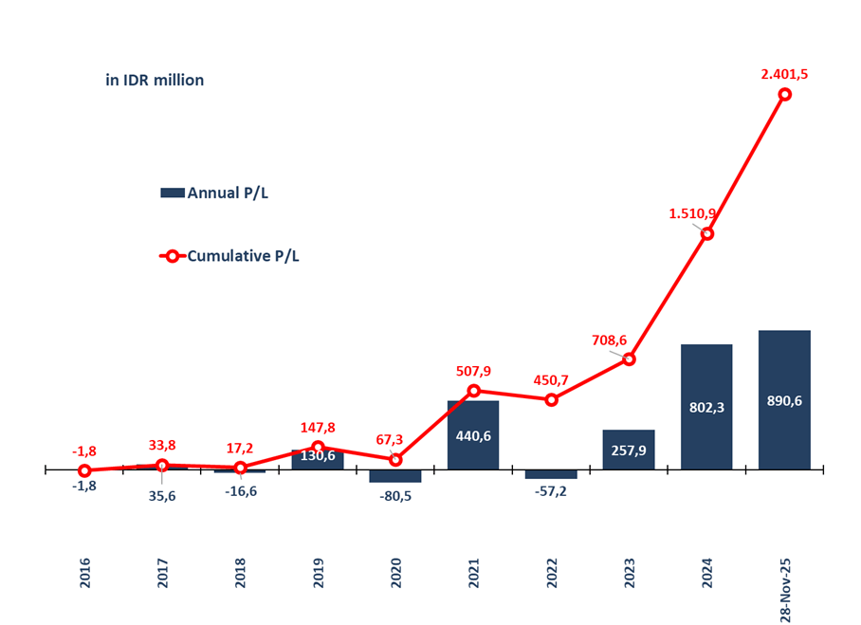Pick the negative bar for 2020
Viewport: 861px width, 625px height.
395,476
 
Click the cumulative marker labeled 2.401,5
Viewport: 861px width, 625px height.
785,94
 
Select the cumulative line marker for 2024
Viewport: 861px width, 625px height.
706,233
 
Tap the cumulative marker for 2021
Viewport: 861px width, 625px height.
473,390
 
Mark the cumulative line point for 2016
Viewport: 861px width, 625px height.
85,470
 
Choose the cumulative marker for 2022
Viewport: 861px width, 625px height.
551,399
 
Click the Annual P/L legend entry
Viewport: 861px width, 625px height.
215,193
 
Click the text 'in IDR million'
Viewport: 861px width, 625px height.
155,81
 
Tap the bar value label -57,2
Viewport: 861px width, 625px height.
551,494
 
